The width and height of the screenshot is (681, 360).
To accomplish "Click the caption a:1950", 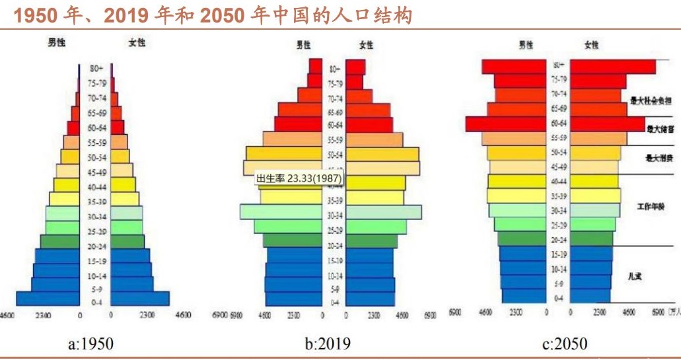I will pos(90,343).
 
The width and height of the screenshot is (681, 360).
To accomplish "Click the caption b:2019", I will pos(328,343).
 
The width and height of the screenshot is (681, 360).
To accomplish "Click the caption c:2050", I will pos(563,343).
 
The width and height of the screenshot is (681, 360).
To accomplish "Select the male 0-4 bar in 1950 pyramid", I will pos(48,299).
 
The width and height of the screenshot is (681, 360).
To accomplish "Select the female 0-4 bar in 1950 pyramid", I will pos(139,299).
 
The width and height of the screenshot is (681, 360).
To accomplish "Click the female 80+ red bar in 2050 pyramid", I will pos(612,67).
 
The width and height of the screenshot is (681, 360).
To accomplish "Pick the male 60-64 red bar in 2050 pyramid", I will pos(506,124).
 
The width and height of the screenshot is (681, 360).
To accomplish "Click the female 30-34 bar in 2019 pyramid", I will pos(383,211).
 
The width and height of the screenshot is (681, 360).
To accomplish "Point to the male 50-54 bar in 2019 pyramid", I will pos(283,153).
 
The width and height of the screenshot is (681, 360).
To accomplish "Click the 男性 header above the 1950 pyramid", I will pos(57,43).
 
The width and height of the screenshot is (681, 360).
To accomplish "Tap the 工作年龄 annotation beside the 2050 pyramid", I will pos(650,207).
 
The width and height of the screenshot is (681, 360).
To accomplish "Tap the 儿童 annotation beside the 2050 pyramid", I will pos(635,277).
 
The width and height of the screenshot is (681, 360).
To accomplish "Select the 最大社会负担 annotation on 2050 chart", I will pos(651,101).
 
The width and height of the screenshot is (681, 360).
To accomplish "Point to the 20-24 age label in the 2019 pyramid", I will pos(334,245).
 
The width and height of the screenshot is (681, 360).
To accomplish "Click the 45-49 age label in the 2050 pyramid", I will pos(558,167).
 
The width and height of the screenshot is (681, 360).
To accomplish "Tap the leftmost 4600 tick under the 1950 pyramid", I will pos(8,315).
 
